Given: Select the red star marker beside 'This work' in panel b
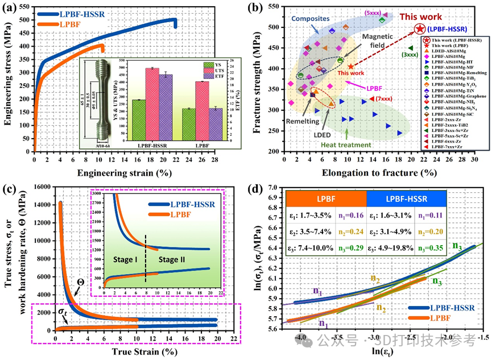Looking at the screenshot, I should point(420,28).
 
